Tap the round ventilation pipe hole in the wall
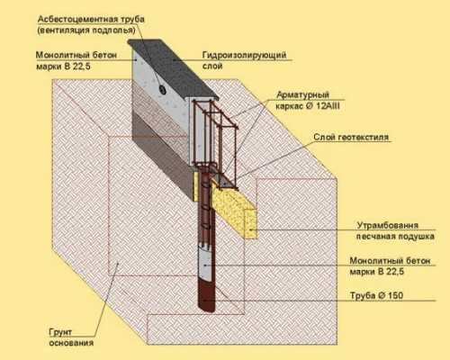coord(163,89)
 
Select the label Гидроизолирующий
coord(244,56)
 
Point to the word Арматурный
coord(302,95)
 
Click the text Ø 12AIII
coord(323,106)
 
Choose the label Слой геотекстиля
coord(351,138)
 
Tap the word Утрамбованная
coord(387,225)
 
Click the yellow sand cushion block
coord(235,210)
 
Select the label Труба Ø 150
coord(376,295)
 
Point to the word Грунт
coord(60,332)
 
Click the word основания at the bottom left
coord(71,343)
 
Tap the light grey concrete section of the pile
coord(206,264)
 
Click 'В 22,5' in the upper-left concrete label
coord(76,67)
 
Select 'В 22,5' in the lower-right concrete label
coord(391,272)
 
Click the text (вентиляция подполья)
coord(86,31)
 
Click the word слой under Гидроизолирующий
coord(212,66)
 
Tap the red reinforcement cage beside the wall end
coord(215,138)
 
